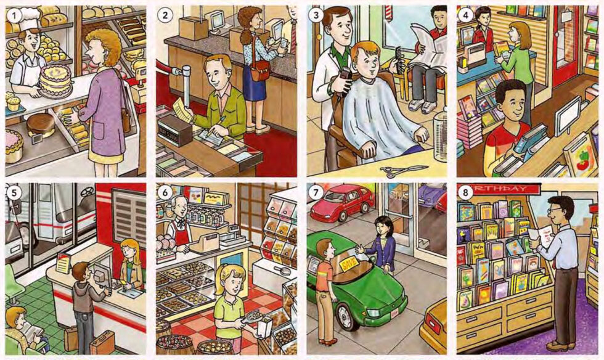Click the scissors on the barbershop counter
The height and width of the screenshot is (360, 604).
coord(404,170)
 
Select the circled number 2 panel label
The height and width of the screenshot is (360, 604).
coord(165,15)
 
